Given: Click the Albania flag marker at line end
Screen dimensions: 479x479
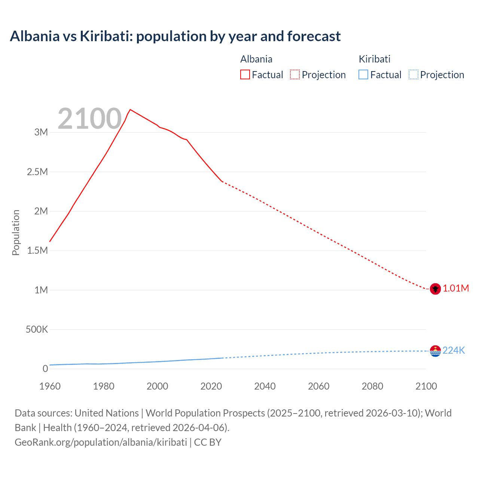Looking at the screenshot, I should pos(435,289).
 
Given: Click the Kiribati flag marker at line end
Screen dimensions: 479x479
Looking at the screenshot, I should pos(435,351).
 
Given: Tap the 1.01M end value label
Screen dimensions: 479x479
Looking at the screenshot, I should pos(456,288).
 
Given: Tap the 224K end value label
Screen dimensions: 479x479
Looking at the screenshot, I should pos(454,350).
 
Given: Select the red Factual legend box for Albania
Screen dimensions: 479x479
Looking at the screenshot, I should pos(245,75).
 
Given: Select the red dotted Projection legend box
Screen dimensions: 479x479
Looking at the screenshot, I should pos(295,75).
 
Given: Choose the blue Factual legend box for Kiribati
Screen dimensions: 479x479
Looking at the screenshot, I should pos(363,75).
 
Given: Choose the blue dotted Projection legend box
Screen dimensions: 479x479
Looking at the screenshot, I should pos(413,75).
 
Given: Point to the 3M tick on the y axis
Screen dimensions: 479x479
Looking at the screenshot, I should pos(41,132).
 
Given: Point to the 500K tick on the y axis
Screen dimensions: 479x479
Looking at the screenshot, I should pos(37,330).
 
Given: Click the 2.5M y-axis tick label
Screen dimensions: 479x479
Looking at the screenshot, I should pos(37,172).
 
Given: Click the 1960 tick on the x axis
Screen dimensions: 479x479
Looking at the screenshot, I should pos(50,386).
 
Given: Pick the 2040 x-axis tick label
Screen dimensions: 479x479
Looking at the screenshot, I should pos(265,386).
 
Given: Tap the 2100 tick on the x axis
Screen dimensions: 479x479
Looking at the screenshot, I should pos(426,386).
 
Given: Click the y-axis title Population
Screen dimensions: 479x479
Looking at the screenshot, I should pos(16,232).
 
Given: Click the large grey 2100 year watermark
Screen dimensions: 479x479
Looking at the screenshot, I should pos(89,119).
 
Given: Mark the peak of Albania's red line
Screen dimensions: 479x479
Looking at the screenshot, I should pos(130,110).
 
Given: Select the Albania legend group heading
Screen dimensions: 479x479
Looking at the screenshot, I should pos(256,59).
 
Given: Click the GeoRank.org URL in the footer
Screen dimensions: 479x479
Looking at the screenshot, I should pos(101,442).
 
